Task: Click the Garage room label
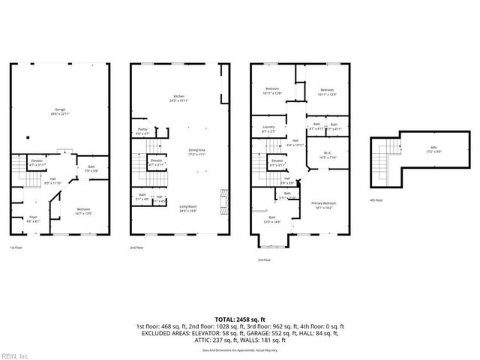[60, 112]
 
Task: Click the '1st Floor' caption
[16, 247]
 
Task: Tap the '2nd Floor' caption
[136, 247]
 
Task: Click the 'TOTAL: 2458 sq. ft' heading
[239, 319]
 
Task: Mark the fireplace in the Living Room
[221, 200]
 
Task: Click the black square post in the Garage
[28, 138]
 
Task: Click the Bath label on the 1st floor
[91, 167]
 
